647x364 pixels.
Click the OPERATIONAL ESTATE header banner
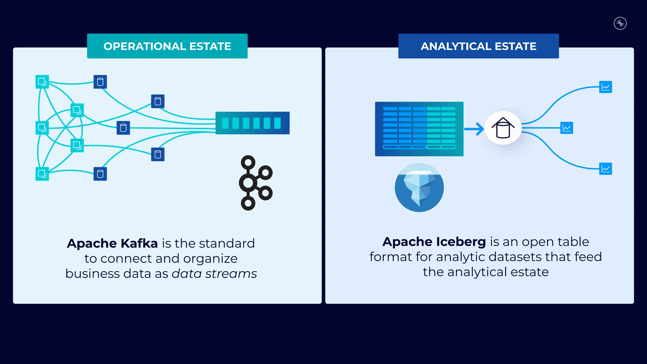[167, 46]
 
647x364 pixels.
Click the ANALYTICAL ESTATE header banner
[478, 46]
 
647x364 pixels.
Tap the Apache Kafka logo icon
[255, 183]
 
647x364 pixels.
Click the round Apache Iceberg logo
[419, 187]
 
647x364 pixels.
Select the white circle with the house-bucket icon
[503, 128]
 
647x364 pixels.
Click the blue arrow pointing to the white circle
[474, 129]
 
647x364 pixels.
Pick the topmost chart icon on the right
[605, 87]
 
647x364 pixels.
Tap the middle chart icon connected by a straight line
[566, 128]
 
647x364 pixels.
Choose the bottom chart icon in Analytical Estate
[605, 169]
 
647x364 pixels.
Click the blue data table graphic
[419, 129]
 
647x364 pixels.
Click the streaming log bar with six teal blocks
[252, 123]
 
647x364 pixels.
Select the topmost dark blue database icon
[100, 82]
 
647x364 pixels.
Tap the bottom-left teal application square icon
[42, 174]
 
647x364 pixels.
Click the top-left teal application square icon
[42, 82]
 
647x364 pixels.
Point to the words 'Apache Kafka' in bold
[112, 243]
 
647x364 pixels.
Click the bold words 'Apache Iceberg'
[434, 242]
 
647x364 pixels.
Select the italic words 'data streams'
[214, 274]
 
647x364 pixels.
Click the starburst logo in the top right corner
[620, 23]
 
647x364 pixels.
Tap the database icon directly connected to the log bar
[123, 128]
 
